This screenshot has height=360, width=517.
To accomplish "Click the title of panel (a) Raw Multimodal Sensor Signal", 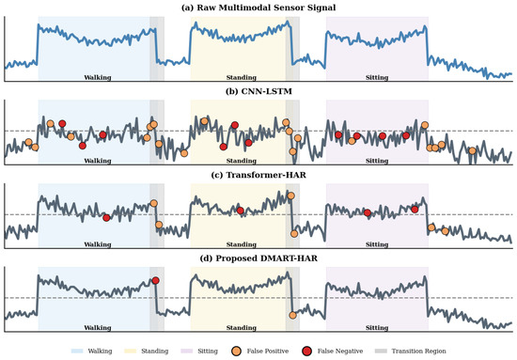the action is [258, 8].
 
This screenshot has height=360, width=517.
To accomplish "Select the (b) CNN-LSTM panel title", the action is [258, 91].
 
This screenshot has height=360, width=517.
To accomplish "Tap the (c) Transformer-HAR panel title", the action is [258, 175].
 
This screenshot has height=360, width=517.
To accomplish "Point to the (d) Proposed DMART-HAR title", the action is [258, 258].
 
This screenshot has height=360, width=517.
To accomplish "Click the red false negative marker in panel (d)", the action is [156, 280].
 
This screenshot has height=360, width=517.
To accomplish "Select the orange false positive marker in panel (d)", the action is [292, 315].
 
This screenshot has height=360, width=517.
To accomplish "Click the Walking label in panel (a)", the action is [98, 77].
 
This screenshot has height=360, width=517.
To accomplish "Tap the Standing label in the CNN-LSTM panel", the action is [242, 161].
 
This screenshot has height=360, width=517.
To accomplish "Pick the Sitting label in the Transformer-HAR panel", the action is [377, 244].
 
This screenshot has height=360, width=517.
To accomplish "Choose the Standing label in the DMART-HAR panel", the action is [242, 328].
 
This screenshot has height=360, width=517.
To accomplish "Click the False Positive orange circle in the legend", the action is [236, 352].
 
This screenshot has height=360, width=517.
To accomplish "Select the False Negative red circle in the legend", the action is [306, 352].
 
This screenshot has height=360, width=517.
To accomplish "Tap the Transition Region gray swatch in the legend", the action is [381, 352].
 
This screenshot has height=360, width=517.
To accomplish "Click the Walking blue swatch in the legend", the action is [77, 352].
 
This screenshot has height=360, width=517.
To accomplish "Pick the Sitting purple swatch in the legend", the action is [187, 352].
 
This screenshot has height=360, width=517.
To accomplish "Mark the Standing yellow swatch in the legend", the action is [131, 352].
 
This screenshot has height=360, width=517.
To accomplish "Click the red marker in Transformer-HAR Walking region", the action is [106, 217].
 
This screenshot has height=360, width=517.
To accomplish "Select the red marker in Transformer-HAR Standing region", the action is [241, 211].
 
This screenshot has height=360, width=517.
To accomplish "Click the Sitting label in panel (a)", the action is [377, 77].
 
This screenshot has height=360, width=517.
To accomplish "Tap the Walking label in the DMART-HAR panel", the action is [98, 328].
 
